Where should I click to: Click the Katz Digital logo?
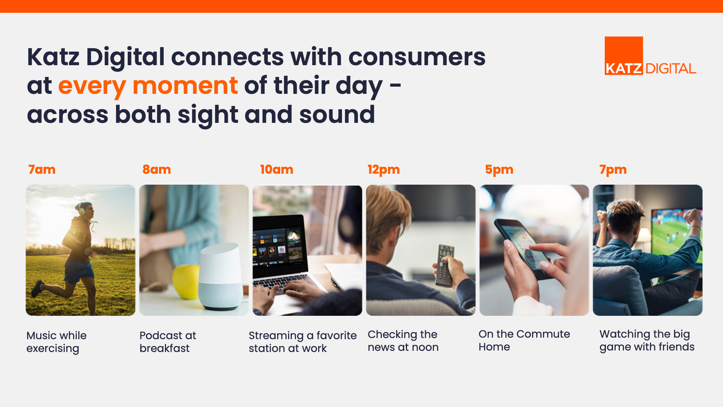coord(650,56)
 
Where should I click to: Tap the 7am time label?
coord(42,170)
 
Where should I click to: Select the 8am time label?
coord(157,170)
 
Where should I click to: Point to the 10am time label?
coord(277,170)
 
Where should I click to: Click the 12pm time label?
coord(384,170)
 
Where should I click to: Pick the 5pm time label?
coord(499,170)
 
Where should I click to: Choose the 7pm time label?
coord(613,170)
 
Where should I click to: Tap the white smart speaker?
coord(221,277)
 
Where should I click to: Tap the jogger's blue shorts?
coord(79,271)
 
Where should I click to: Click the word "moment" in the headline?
coord(185,86)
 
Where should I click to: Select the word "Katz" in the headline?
coord(53,57)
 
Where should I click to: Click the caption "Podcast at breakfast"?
coord(168,342)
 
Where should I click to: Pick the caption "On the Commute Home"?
coord(524,340)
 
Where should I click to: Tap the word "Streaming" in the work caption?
coord(276,336)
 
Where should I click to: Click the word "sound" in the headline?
coord(337,115)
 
